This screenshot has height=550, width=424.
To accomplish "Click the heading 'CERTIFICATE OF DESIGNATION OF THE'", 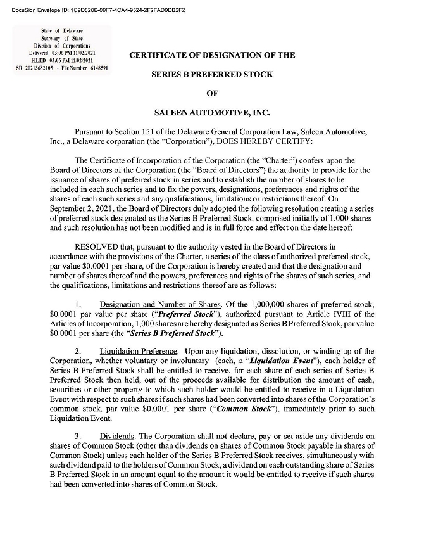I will [212, 55].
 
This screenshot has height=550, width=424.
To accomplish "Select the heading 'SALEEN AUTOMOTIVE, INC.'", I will [212, 113].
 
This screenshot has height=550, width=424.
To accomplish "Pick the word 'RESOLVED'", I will [96, 246].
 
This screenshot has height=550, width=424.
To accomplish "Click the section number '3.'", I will [79, 437].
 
